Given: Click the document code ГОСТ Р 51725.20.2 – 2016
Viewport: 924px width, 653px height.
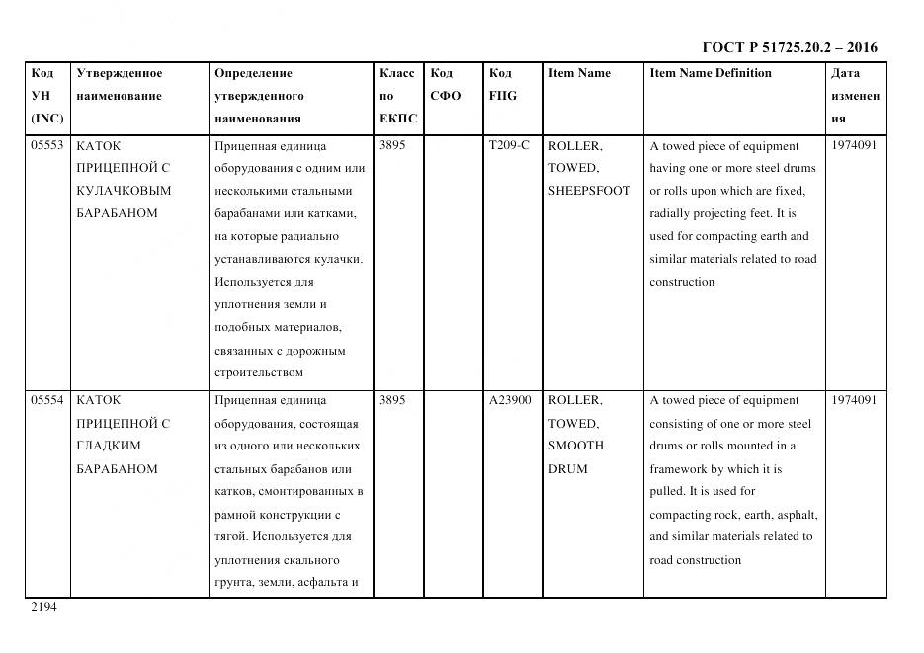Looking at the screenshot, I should tap(789, 47).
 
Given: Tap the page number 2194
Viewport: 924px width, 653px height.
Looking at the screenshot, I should tap(44, 608).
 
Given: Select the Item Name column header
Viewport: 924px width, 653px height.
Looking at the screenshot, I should tap(579, 73).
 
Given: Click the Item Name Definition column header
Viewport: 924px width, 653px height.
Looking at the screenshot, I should tap(710, 73).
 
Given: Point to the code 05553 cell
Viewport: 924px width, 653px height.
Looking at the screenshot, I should tap(47, 145).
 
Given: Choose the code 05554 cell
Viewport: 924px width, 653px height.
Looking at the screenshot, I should tap(47, 400).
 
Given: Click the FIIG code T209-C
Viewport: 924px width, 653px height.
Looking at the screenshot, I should tap(509, 145).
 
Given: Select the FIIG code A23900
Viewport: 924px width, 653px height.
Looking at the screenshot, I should tap(510, 400).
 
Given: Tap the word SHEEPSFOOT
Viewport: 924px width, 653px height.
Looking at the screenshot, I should tap(589, 191).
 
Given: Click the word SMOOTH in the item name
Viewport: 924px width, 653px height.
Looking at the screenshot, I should tap(576, 446).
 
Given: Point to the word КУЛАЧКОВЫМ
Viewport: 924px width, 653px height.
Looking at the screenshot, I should tap(124, 191).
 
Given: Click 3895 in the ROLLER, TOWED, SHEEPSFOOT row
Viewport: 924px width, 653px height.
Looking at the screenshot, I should tap(392, 145).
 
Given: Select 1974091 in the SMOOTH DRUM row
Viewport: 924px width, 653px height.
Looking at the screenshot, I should tap(854, 400).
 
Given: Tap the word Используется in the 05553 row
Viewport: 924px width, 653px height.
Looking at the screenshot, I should tap(250, 282).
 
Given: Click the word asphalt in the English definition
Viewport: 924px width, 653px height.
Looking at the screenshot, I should tap(797, 515).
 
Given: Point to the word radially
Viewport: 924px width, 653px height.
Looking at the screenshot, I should tap(673, 213).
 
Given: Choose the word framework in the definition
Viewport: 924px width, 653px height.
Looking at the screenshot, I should tap(680, 469).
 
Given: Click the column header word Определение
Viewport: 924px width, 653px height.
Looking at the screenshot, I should tap(253, 73).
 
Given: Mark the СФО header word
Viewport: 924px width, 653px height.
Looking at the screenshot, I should tap(446, 96).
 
